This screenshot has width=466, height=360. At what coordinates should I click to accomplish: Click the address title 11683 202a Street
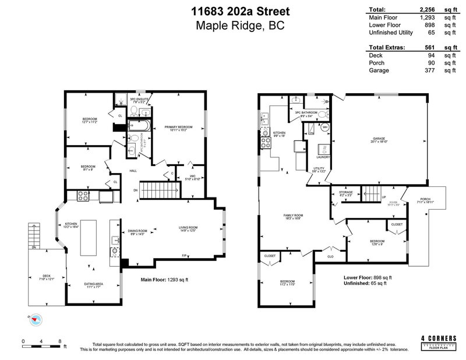[x=233, y=10]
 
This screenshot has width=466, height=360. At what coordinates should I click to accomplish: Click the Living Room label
[x=189, y=227]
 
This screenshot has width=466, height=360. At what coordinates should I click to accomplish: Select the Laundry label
[x=323, y=157]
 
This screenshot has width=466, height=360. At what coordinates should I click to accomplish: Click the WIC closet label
[x=192, y=177]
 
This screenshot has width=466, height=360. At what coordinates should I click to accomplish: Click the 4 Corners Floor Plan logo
[x=439, y=341]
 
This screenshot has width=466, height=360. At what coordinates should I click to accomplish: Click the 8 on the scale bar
[x=59, y=341]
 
